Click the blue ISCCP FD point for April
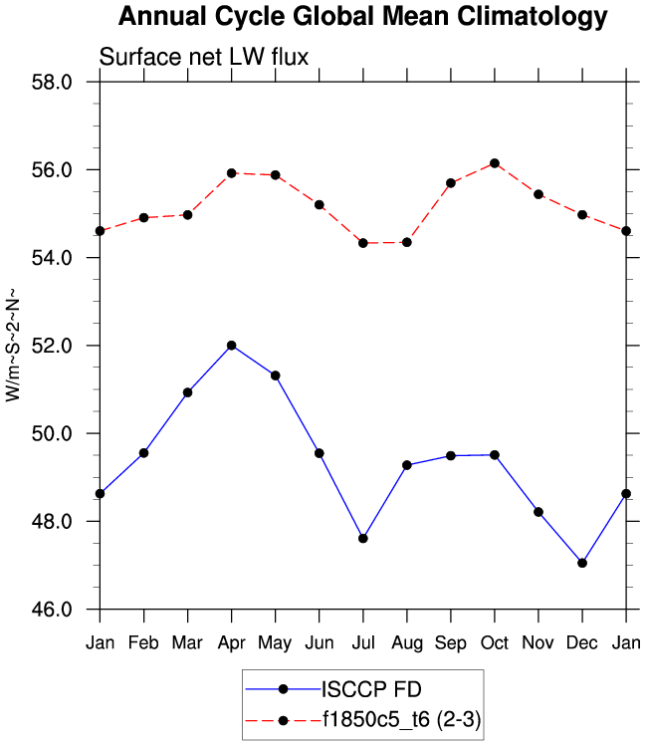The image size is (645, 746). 231,346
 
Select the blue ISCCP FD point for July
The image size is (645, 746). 363,539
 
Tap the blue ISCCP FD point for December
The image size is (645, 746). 582,563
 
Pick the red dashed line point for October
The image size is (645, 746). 495,163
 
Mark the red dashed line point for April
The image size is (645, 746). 231,173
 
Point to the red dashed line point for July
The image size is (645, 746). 363,243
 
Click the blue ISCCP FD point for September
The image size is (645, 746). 451,456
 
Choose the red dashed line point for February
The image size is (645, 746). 143,217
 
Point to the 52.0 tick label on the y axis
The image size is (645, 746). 53,346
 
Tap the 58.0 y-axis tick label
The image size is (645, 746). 53,82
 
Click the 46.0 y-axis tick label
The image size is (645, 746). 53,610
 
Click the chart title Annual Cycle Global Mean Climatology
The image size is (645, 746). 362,17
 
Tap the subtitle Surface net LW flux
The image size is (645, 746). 204,58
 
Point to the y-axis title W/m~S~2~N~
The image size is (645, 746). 13,345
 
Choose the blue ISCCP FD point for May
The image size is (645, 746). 276,375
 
